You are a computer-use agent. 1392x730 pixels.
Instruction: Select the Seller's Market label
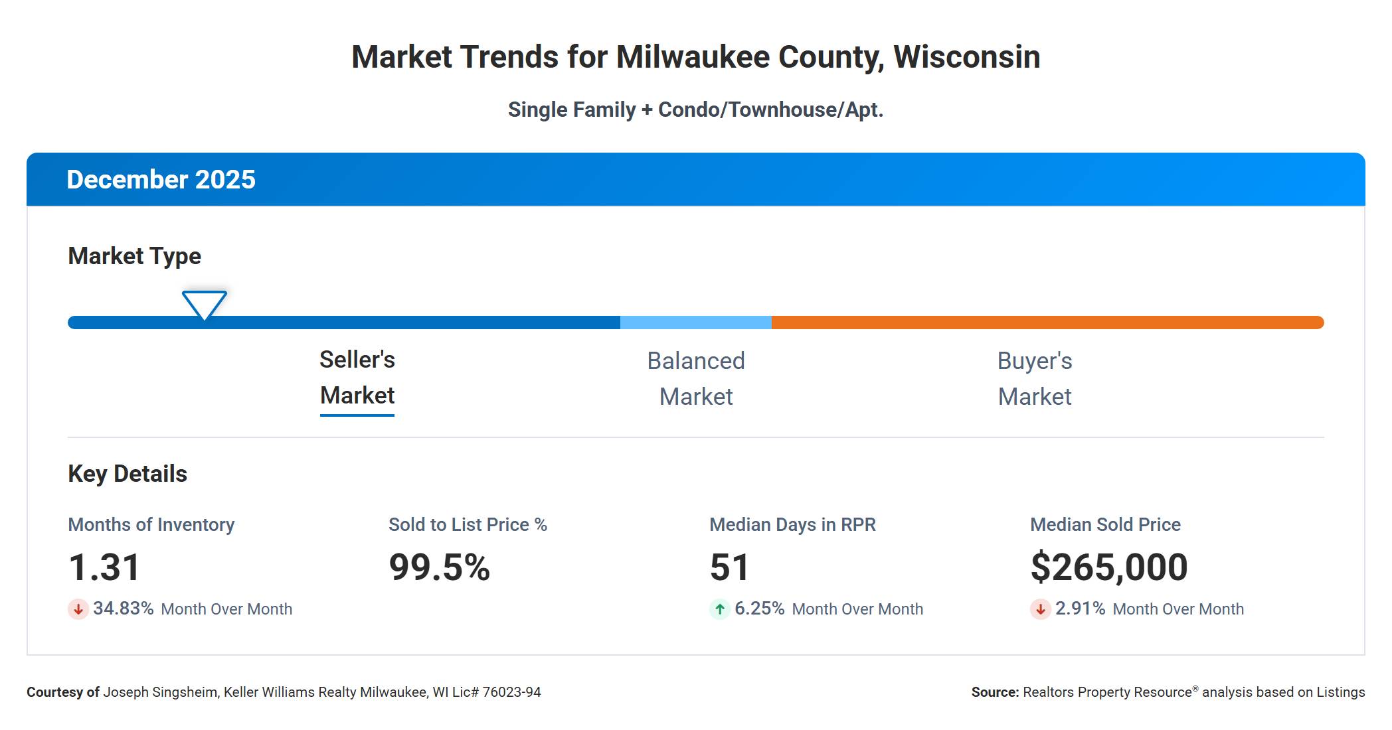click(x=357, y=378)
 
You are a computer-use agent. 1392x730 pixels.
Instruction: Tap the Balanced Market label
click(x=696, y=379)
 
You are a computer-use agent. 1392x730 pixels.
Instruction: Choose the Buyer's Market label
click(x=1035, y=379)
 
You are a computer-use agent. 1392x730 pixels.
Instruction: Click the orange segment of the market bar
click(x=1048, y=323)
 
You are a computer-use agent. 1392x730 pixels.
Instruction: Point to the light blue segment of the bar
click(x=696, y=323)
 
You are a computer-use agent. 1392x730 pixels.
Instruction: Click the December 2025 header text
click(x=161, y=180)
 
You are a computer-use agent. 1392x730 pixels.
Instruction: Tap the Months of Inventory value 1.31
click(x=104, y=567)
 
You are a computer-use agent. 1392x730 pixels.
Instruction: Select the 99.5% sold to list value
click(x=440, y=567)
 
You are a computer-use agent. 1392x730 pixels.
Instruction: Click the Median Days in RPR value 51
click(x=729, y=567)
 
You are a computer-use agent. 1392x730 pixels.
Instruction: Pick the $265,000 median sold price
click(x=1109, y=567)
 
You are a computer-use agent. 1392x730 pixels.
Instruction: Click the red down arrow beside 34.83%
click(x=78, y=609)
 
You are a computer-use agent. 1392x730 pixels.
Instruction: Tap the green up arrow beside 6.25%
click(x=720, y=609)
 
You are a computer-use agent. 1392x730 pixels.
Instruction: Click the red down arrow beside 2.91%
click(x=1041, y=609)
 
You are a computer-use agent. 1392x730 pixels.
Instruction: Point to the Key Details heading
click(x=128, y=474)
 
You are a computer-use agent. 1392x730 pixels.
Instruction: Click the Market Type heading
click(x=134, y=256)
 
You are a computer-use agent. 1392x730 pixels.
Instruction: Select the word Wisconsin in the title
click(x=967, y=57)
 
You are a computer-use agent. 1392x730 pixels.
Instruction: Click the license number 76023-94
click(x=511, y=692)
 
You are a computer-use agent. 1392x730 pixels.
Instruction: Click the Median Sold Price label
click(x=1105, y=524)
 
